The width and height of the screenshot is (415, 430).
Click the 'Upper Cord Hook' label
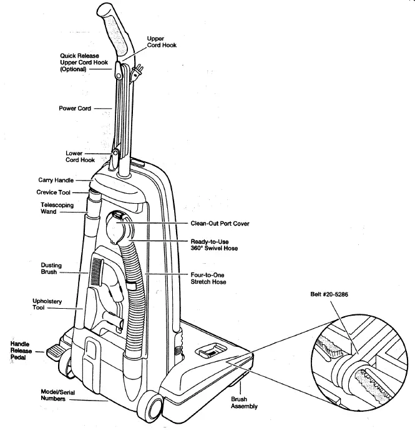[x=155, y=42]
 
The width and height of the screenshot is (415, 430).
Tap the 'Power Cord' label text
[x=75, y=109]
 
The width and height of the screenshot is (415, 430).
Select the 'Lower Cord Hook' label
[x=80, y=157]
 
